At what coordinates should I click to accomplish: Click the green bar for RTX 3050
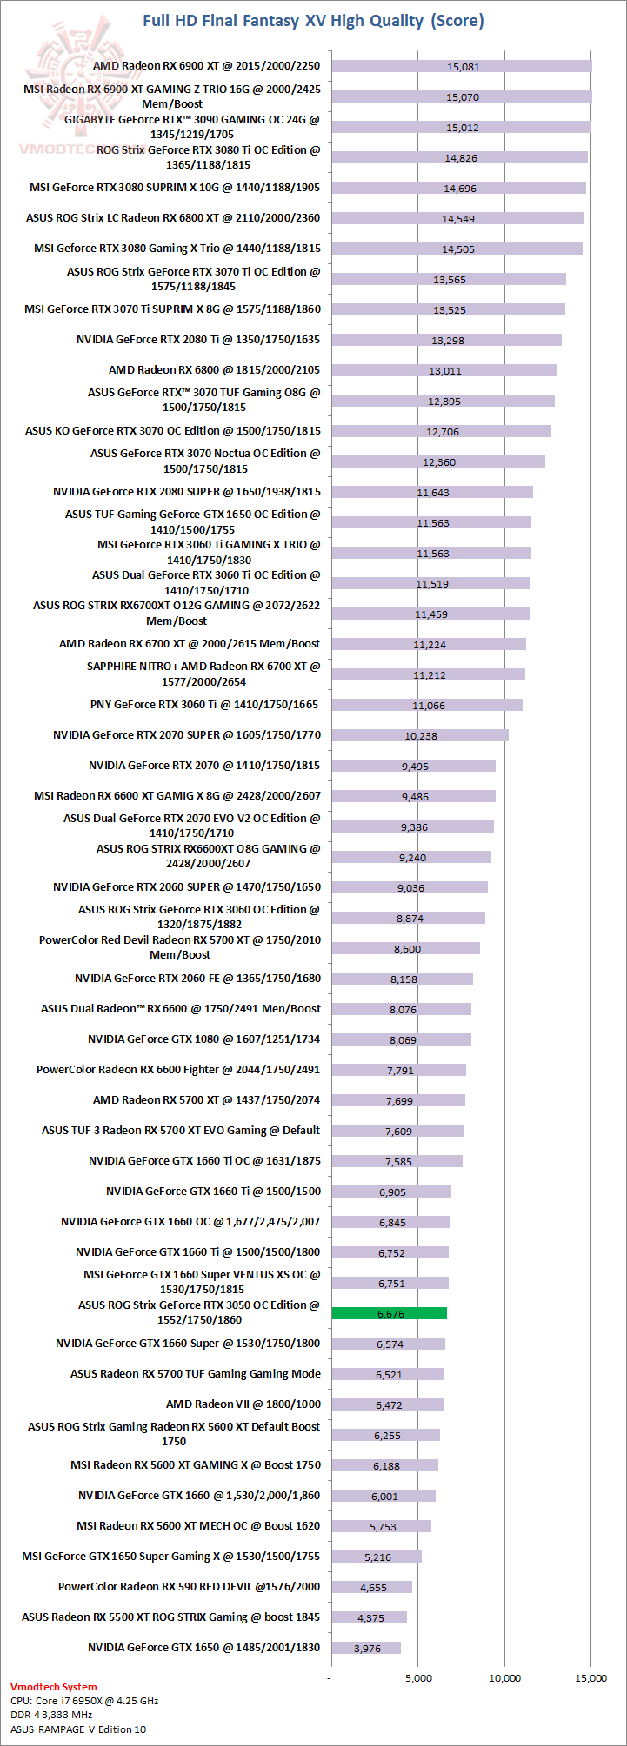coord(389,1313)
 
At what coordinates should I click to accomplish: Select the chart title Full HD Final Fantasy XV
coord(313,20)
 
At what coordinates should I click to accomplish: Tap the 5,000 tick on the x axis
coord(417,1678)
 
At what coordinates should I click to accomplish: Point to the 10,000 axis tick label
coord(504,1678)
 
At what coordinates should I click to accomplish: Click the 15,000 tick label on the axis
coord(591,1678)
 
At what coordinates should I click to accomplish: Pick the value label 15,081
coord(463,66)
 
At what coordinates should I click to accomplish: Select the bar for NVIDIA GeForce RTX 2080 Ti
coord(446,340)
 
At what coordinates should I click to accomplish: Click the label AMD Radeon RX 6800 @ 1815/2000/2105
coord(214,370)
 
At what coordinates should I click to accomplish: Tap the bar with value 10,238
coord(419,735)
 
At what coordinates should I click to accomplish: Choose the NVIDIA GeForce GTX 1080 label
coord(203,1039)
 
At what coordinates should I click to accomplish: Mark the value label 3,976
coord(367,1648)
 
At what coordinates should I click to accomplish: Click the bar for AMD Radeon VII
coord(387,1404)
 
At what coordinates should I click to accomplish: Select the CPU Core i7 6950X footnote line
coord(84,1700)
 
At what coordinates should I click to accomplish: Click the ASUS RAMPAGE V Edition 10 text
coord(78,1729)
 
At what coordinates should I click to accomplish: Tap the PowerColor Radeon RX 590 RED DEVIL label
coord(189,1587)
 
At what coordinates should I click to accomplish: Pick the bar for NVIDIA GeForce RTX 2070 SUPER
coord(419,735)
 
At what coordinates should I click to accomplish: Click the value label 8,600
coord(407,949)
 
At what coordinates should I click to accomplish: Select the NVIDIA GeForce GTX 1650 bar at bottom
coord(365,1648)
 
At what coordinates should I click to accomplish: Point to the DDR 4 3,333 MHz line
coord(51,1715)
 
